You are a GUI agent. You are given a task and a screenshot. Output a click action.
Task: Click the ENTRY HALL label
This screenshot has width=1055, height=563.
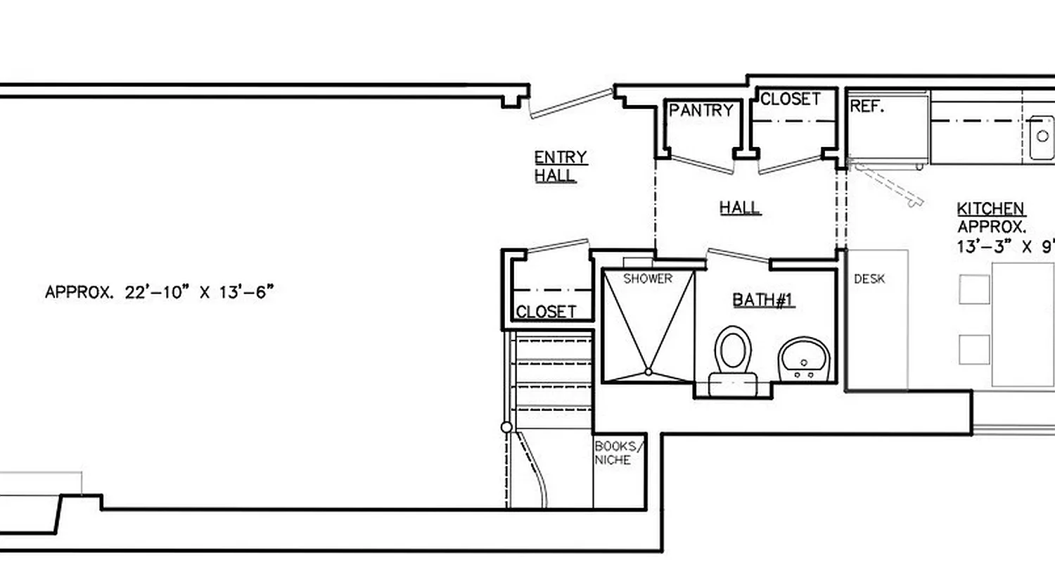click(x=560, y=167)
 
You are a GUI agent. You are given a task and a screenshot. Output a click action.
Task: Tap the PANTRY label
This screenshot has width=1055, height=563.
click(x=701, y=110)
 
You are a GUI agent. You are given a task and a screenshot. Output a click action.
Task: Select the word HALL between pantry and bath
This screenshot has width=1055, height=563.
click(x=739, y=208)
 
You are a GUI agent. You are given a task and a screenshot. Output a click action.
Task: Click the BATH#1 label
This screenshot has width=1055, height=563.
click(x=763, y=301)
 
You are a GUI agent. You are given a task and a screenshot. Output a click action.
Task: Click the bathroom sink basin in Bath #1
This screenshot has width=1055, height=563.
click(x=805, y=357)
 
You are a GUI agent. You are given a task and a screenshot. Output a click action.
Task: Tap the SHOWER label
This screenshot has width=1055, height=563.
click(x=647, y=279)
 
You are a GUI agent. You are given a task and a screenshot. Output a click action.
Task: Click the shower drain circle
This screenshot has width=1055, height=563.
click(x=648, y=371)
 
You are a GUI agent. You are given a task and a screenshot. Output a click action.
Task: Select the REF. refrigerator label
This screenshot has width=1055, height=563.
click(x=867, y=106)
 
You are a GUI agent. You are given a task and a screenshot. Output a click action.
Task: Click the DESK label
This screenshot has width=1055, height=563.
click(x=869, y=279)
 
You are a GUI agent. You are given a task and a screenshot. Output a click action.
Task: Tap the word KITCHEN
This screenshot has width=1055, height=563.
click(x=990, y=209)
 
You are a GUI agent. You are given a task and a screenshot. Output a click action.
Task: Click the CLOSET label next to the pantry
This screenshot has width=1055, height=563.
click(x=790, y=99)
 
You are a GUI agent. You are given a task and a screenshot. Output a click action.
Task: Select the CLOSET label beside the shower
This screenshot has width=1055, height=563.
click(x=546, y=311)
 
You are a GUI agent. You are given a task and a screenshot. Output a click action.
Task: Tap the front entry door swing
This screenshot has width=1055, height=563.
click(x=571, y=103)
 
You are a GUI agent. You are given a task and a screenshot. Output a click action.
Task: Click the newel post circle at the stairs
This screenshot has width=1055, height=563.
click(x=506, y=427)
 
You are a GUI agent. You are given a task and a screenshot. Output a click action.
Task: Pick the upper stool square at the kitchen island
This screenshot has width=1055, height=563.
click(x=974, y=289)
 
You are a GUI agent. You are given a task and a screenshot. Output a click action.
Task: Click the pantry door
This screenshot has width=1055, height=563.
click(x=701, y=163)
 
